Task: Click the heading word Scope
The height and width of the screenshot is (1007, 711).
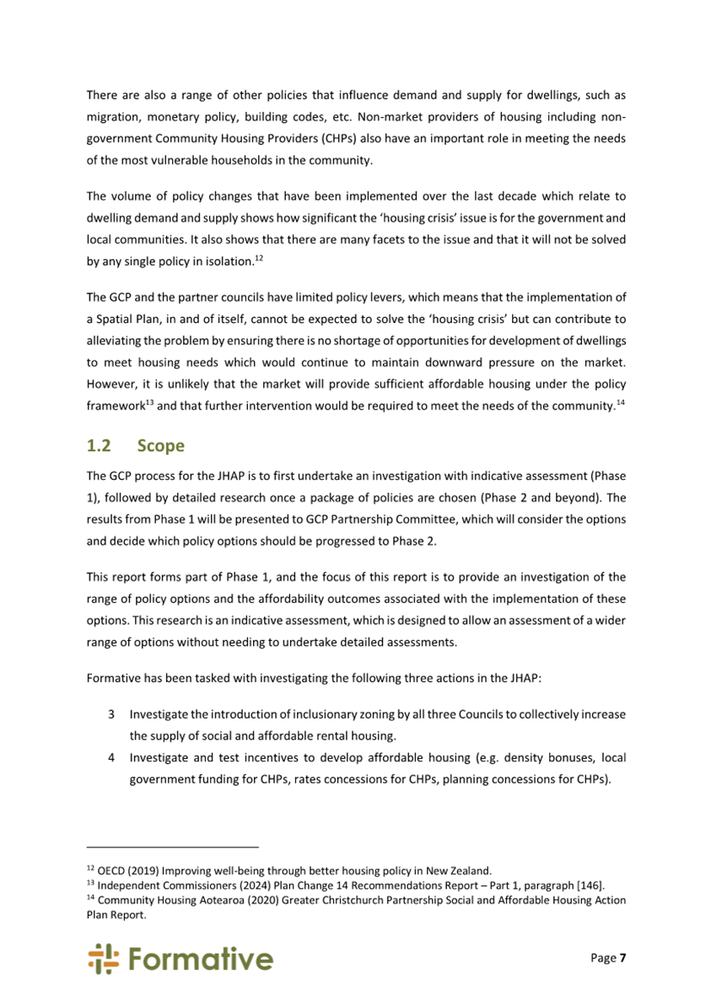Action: coord(161,446)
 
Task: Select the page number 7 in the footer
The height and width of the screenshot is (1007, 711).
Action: coord(622,958)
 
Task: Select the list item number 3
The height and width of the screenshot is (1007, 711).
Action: coord(111,714)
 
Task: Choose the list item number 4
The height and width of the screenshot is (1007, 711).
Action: coord(111,757)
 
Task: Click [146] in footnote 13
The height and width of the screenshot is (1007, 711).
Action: coord(588,885)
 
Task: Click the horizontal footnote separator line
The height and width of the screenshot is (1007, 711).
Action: coord(173,846)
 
